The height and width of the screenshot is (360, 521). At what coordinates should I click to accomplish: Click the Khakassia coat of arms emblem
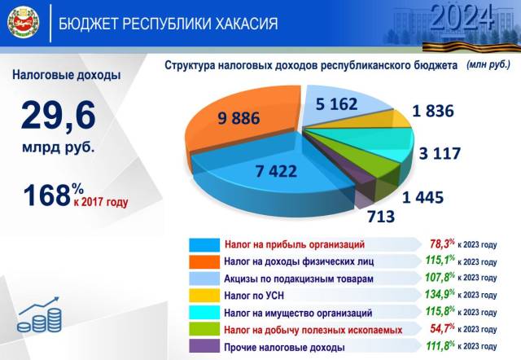click(24, 23)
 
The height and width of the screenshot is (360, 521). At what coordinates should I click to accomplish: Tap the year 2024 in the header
click(462, 17)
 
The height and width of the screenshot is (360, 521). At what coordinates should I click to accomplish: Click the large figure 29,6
click(59, 116)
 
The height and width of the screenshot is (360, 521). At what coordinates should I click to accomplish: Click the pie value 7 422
click(276, 171)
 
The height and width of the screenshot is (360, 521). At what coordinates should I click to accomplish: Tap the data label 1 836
click(432, 111)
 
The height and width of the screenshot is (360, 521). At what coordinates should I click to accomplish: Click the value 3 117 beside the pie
click(440, 153)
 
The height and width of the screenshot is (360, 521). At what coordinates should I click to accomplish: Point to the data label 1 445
click(422, 197)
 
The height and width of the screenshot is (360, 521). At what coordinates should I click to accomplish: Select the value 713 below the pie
click(381, 217)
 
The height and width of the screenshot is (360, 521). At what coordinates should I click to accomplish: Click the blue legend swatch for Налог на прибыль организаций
click(204, 244)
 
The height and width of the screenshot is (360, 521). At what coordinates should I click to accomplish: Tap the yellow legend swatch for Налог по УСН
click(204, 295)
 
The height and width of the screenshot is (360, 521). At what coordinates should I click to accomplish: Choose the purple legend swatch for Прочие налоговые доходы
click(204, 346)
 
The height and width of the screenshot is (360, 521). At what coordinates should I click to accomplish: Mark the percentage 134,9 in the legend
click(440, 294)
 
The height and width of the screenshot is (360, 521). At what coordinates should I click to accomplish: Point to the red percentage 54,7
click(442, 328)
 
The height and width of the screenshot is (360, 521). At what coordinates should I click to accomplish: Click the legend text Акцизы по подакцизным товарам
click(299, 279)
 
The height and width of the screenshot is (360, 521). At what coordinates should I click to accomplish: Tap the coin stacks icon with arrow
click(39, 314)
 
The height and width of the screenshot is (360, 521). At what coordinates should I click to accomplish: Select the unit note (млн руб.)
click(488, 64)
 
